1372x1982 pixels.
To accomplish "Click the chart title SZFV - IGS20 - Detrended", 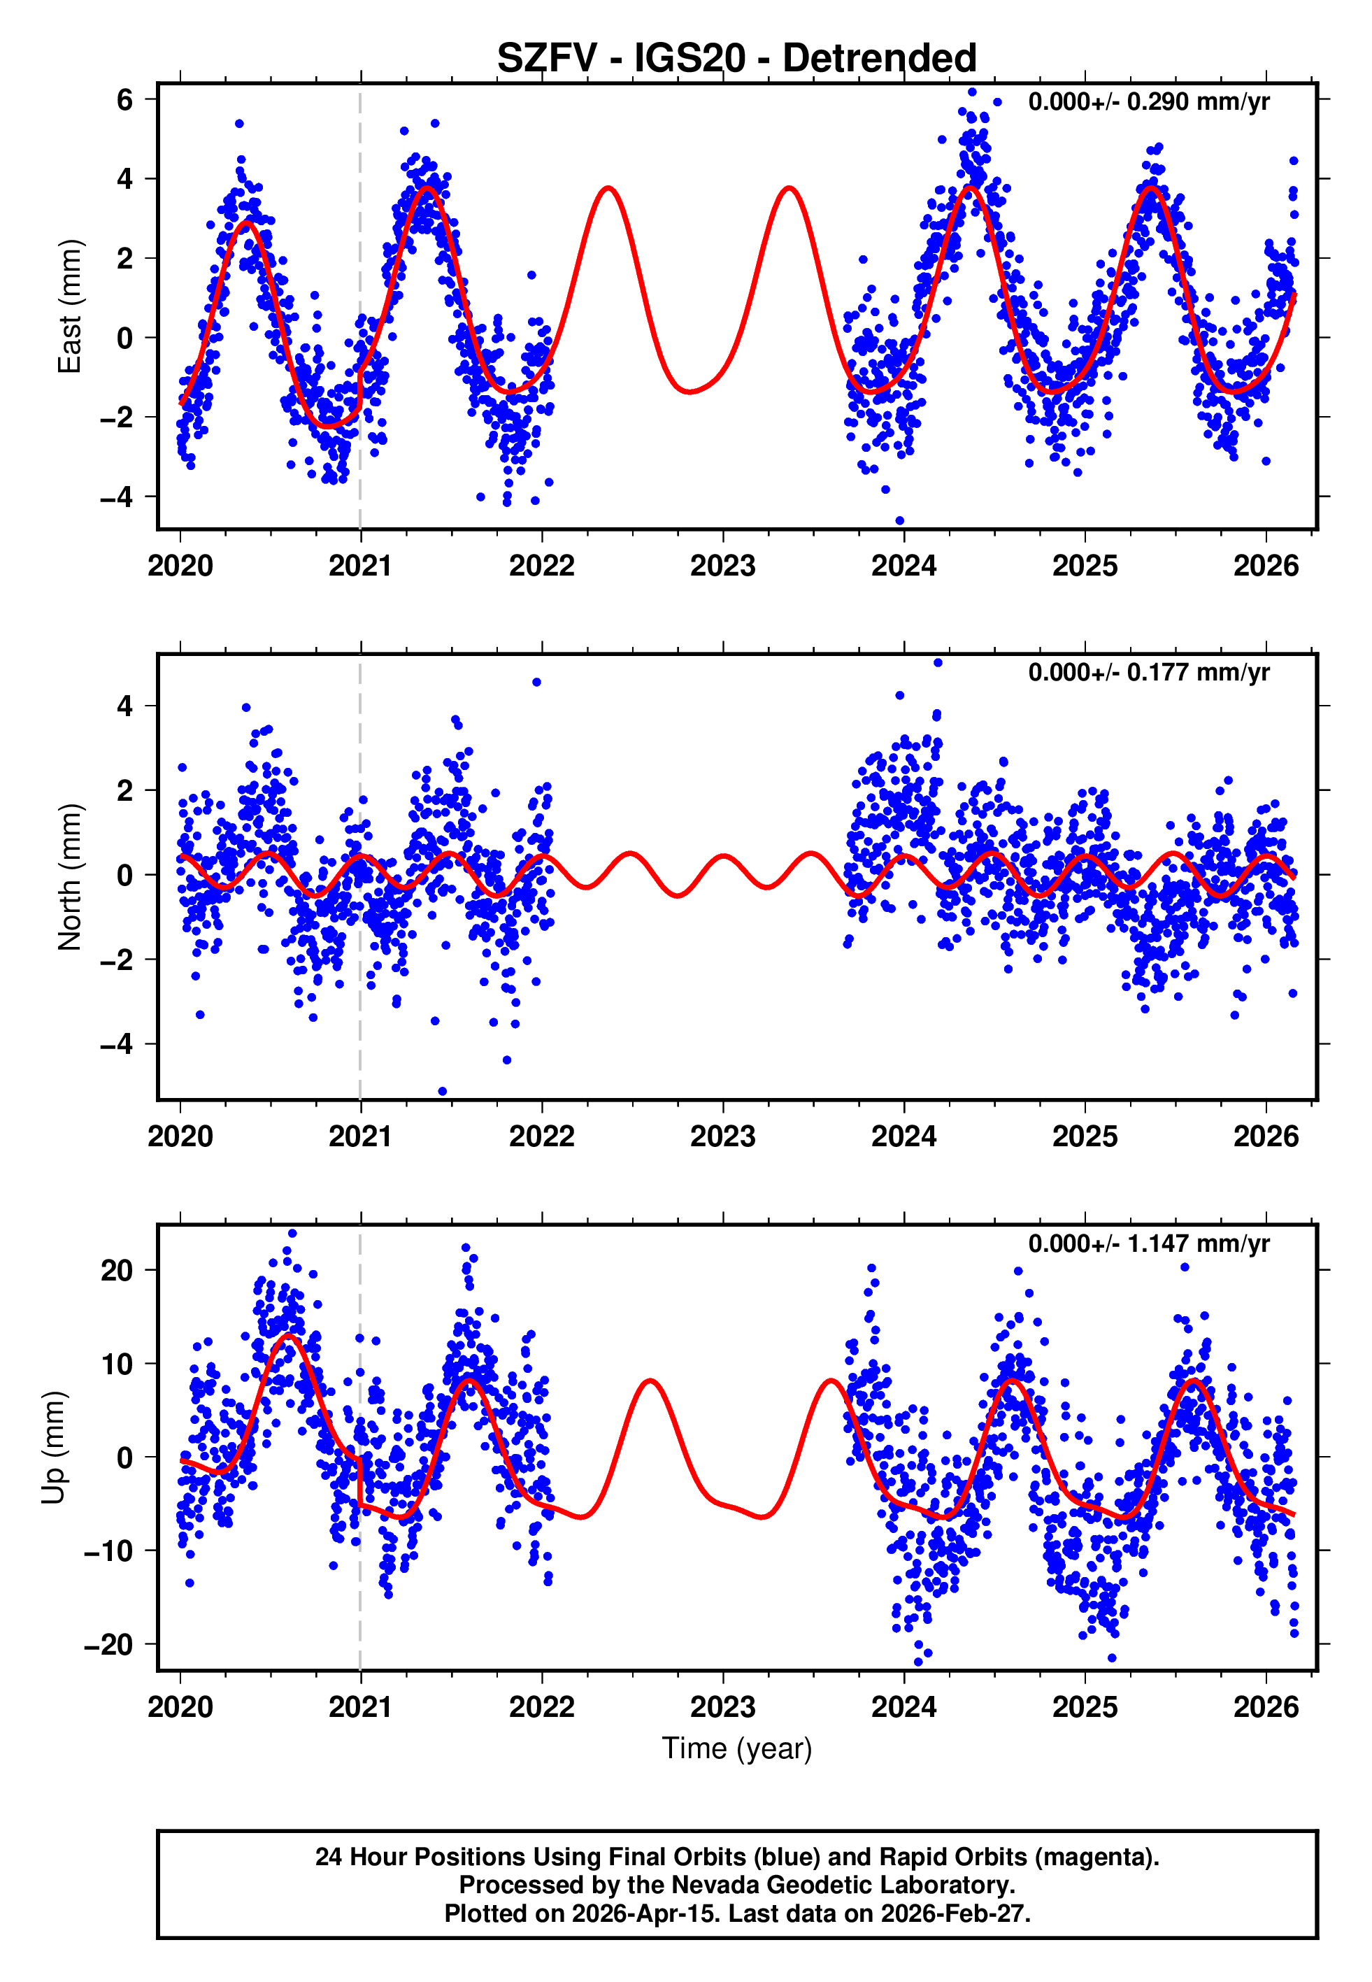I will (737, 59).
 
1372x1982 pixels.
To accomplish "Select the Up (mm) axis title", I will (53, 1448).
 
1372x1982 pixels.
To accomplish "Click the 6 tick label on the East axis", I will (125, 100).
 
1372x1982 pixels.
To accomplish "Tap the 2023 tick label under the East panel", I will (723, 566).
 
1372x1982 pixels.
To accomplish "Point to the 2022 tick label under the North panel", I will (541, 1136).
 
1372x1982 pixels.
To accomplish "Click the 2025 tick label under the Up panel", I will (1085, 1706).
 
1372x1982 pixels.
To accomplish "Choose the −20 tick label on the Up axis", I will (108, 1644).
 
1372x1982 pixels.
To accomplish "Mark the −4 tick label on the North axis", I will (117, 1044).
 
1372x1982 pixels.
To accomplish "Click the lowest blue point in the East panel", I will (900, 521).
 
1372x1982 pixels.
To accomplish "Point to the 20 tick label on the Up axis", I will (117, 1270).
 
